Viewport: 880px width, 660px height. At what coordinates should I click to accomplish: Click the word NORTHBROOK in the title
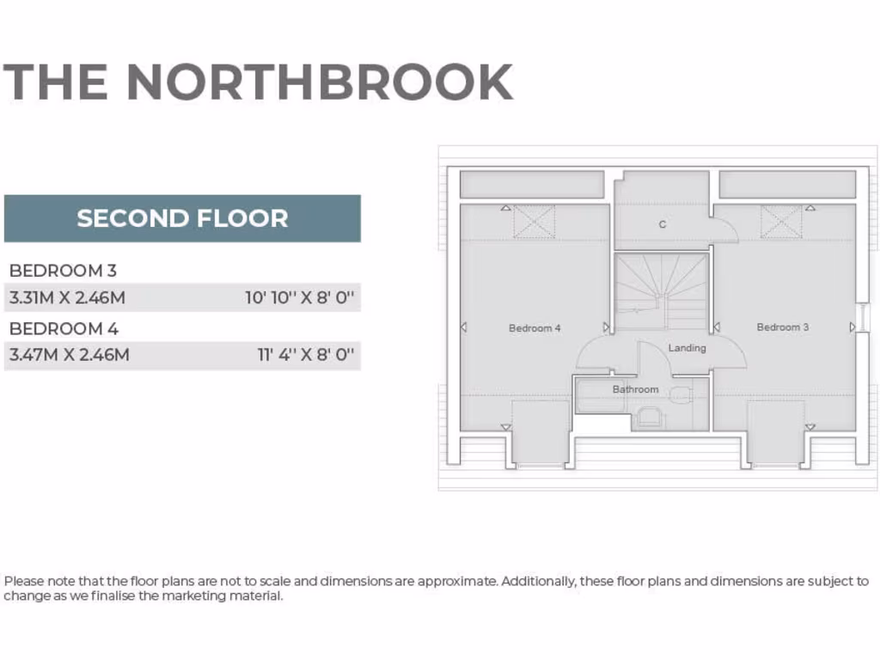(320, 82)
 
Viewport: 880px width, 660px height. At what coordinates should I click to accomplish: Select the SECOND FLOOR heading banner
(182, 218)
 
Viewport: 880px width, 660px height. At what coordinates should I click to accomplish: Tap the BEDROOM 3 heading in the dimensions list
(63, 271)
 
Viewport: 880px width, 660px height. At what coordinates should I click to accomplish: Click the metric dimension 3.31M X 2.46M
(68, 299)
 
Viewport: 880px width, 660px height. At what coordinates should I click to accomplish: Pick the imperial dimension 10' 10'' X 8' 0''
(300, 299)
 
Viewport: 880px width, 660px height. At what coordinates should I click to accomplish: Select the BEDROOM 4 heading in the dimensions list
(64, 328)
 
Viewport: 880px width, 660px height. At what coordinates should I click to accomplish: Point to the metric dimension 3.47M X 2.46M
(69, 355)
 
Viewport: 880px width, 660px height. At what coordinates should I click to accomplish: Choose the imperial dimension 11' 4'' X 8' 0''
(306, 355)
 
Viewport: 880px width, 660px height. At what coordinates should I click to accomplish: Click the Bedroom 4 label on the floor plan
(535, 328)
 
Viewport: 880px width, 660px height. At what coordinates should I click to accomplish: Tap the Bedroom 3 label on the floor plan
(782, 327)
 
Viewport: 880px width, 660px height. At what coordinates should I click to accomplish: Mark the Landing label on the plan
(687, 348)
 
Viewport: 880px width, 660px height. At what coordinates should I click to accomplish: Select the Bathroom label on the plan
(635, 390)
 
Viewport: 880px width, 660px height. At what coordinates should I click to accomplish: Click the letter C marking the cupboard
(663, 225)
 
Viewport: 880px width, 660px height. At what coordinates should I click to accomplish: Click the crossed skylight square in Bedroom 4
(534, 222)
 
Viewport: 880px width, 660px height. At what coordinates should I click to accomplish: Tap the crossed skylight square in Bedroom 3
(781, 222)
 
